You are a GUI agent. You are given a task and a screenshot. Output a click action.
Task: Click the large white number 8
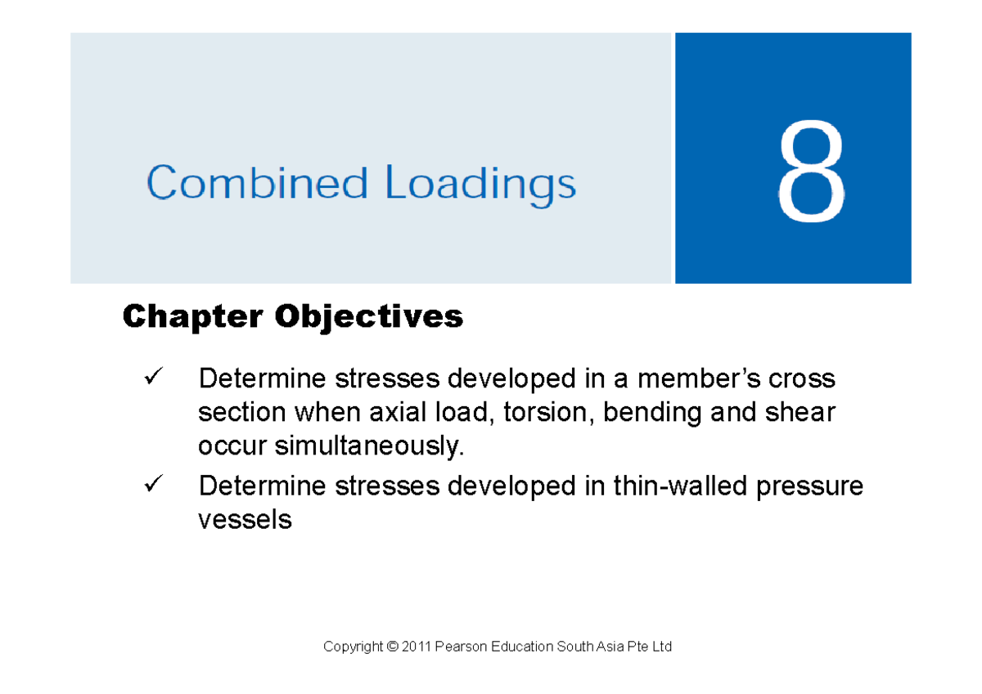pos(811,175)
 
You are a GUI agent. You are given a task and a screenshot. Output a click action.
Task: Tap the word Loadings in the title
pos(480,186)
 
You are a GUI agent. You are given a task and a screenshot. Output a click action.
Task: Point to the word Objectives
pos(369,317)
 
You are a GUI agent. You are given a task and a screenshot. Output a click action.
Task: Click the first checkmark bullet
pos(153,378)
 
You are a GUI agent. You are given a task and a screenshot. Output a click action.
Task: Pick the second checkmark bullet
pos(153,486)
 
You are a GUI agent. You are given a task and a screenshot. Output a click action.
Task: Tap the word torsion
pos(549,413)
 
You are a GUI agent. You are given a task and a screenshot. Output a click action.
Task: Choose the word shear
pos(801,413)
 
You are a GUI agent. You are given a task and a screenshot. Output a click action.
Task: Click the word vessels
pos(245,519)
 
